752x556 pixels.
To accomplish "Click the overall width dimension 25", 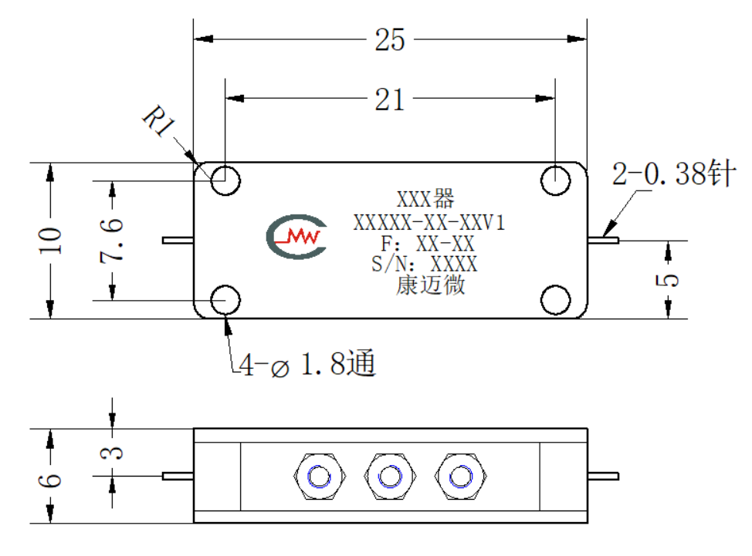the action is coord(389,39).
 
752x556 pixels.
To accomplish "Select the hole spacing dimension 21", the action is coord(389,99).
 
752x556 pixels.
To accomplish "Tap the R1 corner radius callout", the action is coord(159,120).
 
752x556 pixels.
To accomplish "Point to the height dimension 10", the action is coord(50,241).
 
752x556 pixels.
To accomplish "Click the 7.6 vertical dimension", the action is coord(112,240).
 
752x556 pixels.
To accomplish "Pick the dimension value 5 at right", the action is coord(668,280).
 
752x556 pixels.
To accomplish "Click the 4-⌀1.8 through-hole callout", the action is coord(307,364).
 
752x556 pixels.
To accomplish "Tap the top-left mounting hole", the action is coord(225,180).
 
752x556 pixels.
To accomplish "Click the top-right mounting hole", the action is coord(555,180).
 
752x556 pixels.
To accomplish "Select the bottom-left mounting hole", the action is coord(225,300).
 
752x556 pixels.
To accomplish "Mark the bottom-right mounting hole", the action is coord(555,300).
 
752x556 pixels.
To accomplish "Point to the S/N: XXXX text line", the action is coord(425,264).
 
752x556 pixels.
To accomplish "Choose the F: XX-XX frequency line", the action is coord(427,244).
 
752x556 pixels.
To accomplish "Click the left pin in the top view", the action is coord(178,240).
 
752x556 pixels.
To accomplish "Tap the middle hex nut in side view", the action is coord(390,477).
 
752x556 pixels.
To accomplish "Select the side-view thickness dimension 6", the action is coord(50,480).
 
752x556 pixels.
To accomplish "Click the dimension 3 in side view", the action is coord(112,452).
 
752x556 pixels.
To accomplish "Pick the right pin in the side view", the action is coord(603,476).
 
